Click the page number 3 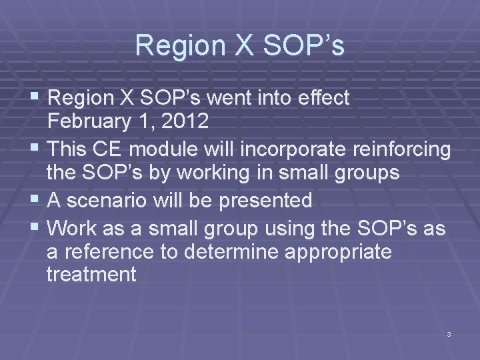pyautogui.click(x=449, y=333)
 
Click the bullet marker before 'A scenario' pyautogui.click(x=36, y=199)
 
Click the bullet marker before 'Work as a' pyautogui.click(x=36, y=229)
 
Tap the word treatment pyautogui.click(x=91, y=275)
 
